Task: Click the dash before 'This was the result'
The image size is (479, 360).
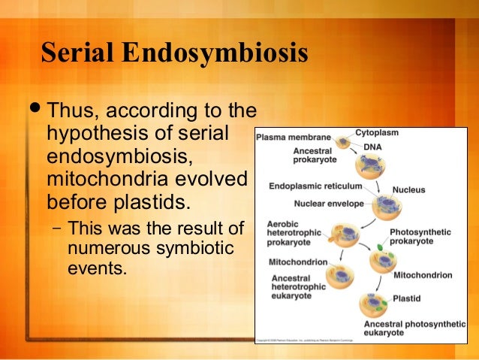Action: click(x=56, y=228)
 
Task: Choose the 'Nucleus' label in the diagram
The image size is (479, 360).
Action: click(x=408, y=190)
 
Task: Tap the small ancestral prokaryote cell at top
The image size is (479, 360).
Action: click(x=342, y=141)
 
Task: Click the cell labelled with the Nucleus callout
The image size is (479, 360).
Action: click(x=387, y=204)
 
